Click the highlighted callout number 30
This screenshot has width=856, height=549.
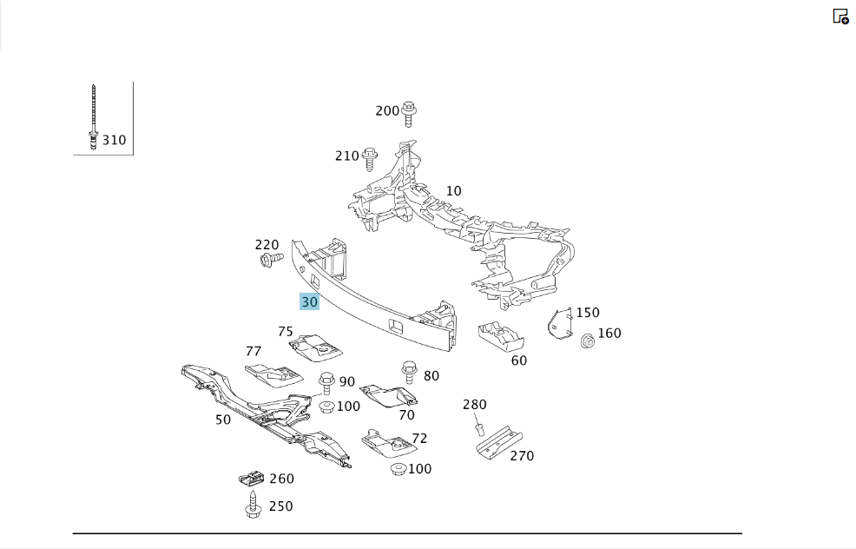coord(309,301)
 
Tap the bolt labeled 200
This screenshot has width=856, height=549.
coord(408,114)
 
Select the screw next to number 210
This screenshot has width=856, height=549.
coord(370,159)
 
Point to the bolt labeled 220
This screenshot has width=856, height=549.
coord(272,259)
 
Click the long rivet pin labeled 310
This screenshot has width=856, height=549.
coord(94,117)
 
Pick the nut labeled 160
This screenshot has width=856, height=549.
coord(588,341)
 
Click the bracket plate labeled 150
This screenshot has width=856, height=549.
coord(560,323)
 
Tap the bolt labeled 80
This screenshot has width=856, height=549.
coord(410,372)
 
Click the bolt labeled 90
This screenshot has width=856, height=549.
coord(326,382)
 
